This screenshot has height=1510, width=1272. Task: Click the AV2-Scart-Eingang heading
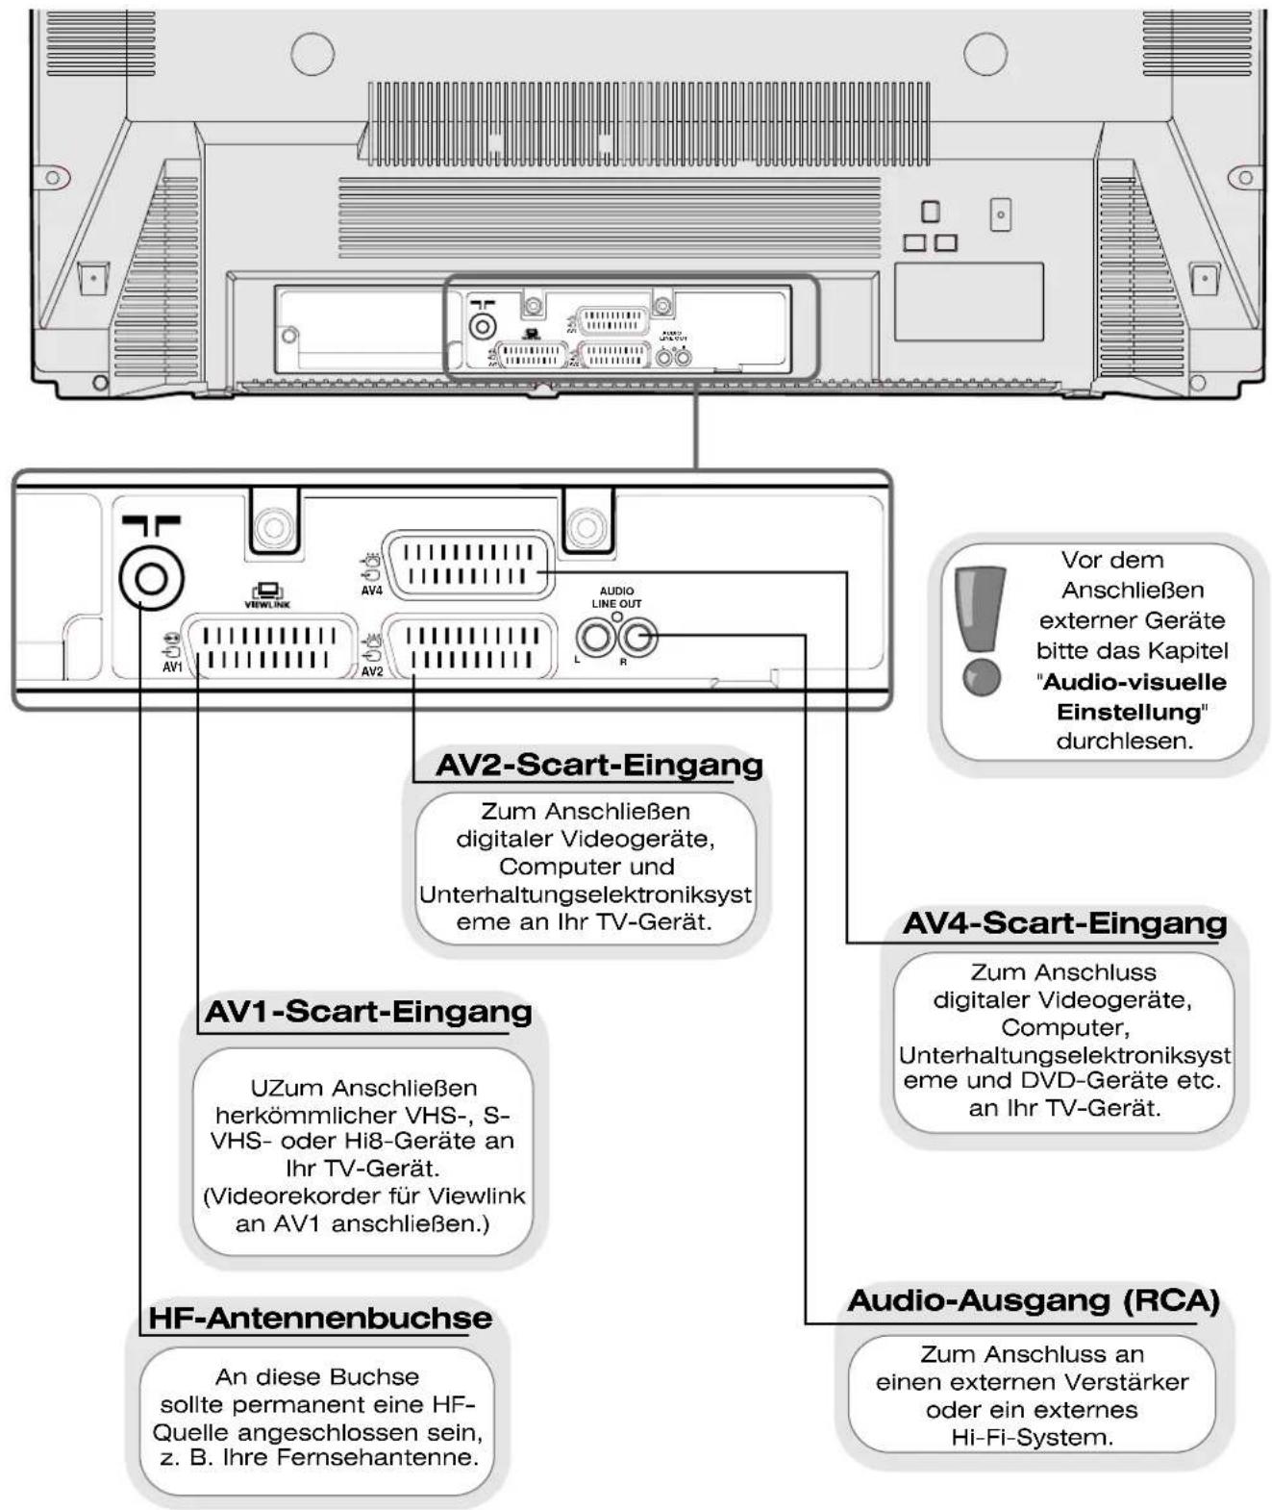[599, 766]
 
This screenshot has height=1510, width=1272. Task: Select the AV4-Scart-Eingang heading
[1064, 923]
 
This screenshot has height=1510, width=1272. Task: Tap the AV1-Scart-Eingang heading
[368, 1011]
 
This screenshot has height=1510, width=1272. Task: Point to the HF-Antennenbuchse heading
[319, 1318]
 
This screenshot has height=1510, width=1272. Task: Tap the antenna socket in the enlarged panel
[151, 579]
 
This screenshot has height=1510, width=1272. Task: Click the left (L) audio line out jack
[595, 638]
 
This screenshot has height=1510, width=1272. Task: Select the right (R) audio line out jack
[637, 638]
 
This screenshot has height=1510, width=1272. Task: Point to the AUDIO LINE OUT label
[617, 597]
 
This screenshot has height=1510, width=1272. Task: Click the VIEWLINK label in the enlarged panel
[267, 604]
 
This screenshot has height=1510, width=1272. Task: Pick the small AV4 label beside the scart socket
[372, 591]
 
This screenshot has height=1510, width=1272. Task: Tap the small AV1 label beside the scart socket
[172, 667]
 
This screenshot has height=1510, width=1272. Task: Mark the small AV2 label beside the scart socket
[372, 671]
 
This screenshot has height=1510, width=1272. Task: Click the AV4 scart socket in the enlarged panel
[468, 566]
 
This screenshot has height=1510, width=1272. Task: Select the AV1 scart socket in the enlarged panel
[269, 646]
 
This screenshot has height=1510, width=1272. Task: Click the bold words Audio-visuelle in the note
[1135, 682]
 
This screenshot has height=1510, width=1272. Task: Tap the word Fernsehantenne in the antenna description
[378, 1456]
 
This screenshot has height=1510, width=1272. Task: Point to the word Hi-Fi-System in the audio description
[1032, 1436]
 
